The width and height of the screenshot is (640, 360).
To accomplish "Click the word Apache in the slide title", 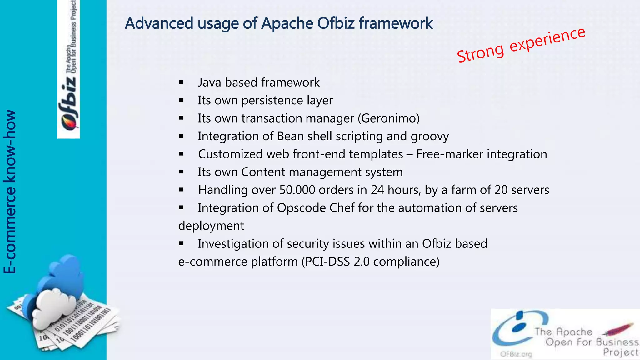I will pyautogui.click(x=287, y=23).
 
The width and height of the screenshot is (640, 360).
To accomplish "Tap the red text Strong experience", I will pyautogui.click(x=521, y=45).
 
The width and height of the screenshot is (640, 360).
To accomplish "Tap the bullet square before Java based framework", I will pyautogui.click(x=181, y=82).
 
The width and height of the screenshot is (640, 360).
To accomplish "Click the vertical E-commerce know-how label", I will pyautogui.click(x=10, y=191).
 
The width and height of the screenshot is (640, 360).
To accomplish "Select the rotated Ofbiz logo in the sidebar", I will pyautogui.click(x=68, y=103).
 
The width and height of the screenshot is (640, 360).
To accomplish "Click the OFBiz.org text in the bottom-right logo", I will pyautogui.click(x=516, y=354).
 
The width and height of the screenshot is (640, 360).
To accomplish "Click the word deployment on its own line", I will pyautogui.click(x=211, y=226).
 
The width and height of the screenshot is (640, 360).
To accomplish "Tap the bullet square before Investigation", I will pyautogui.click(x=181, y=244).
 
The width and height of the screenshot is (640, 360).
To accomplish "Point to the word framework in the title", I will pyautogui.click(x=396, y=23).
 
